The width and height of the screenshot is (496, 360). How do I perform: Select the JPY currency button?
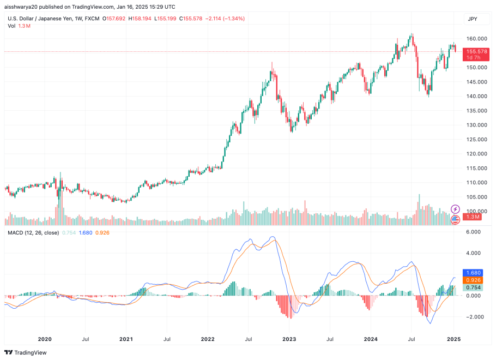[x=472, y=19]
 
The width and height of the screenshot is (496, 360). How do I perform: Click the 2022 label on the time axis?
[x=208, y=339]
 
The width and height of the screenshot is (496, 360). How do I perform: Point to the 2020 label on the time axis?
[x=45, y=339]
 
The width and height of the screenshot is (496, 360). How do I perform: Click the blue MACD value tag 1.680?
[x=472, y=273]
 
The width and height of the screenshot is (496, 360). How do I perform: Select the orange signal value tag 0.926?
[x=472, y=280]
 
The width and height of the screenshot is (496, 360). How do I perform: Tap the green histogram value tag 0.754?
[x=472, y=288]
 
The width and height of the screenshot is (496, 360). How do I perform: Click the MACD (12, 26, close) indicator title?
[x=32, y=233]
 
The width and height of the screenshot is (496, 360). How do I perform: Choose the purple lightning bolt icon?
[x=456, y=209]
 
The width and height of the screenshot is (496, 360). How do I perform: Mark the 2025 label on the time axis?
[x=453, y=339]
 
